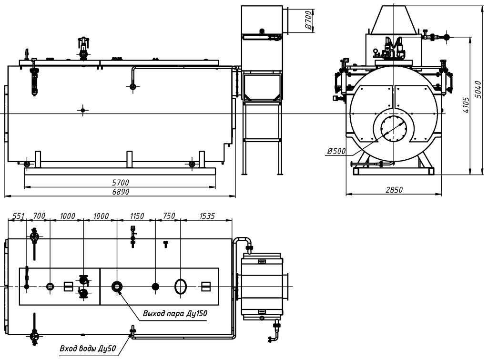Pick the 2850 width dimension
pyautogui.click(x=394, y=190)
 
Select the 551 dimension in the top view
pyautogui.click(x=18, y=216)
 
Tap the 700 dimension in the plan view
pyautogui.click(x=39, y=216)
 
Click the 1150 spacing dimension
pyautogui.click(x=137, y=216)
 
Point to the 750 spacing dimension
pyautogui.click(x=169, y=216)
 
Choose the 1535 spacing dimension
pyautogui.click(x=206, y=216)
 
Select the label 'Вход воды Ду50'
pyautogui.click(x=88, y=349)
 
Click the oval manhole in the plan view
pyautogui.click(x=181, y=287)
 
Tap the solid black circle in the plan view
pyautogui.click(x=155, y=287)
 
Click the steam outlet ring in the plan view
pyautogui.click(x=117, y=286)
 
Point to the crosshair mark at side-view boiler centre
pyautogui.click(x=83, y=110)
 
